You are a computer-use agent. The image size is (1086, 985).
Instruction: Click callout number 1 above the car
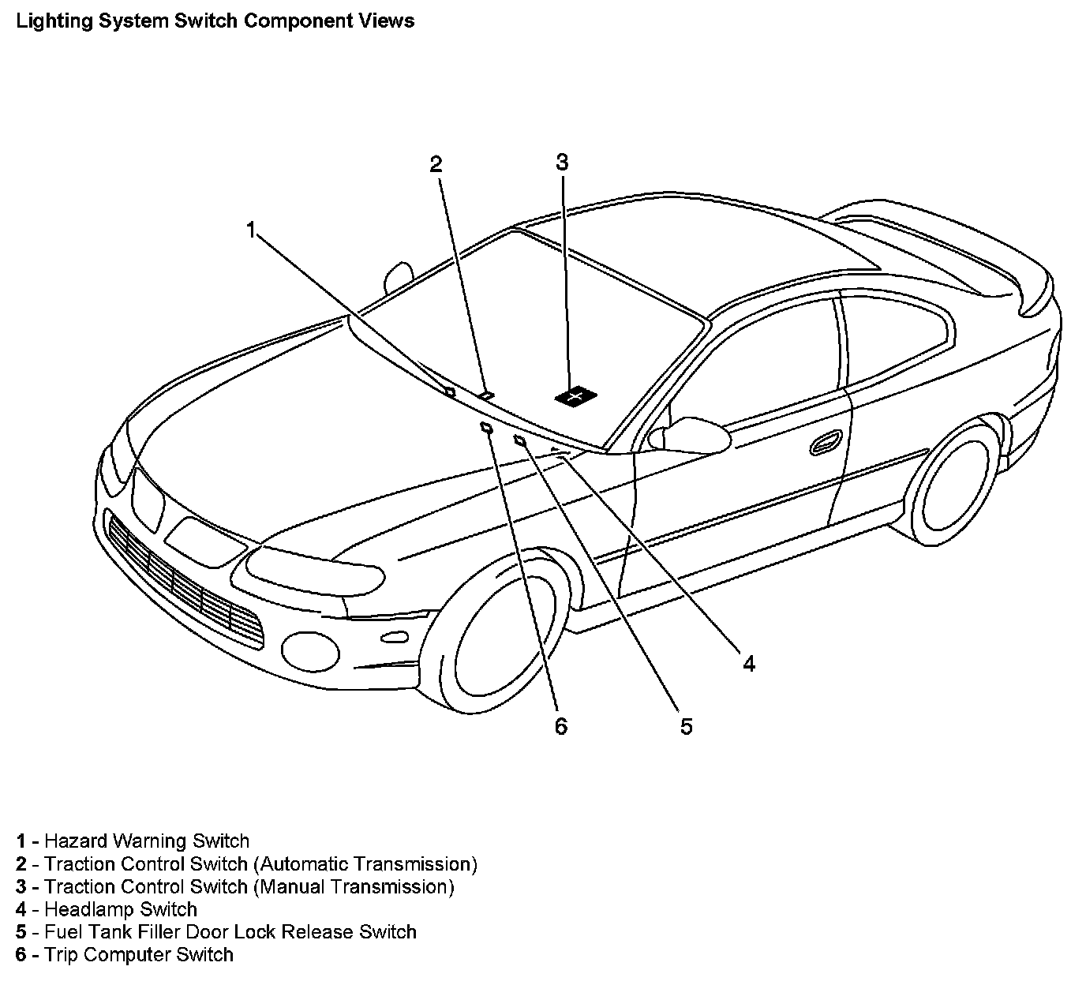pyautogui.click(x=251, y=230)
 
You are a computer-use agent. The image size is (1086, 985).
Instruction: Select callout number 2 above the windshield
pyautogui.click(x=436, y=164)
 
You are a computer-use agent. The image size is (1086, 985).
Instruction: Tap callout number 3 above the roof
pyautogui.click(x=562, y=163)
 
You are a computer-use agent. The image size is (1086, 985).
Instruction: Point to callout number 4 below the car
pyautogui.click(x=748, y=664)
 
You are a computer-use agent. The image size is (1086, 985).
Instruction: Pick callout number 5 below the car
pyautogui.click(x=687, y=726)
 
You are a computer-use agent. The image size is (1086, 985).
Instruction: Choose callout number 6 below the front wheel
pyautogui.click(x=561, y=726)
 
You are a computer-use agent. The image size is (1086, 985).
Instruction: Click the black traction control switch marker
pyautogui.click(x=575, y=396)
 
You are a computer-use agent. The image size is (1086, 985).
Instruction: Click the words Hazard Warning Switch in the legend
pyautogui.click(x=147, y=841)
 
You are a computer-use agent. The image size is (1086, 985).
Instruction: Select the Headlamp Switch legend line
pyautogui.click(x=121, y=909)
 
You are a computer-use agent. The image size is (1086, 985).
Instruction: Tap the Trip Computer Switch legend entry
pyautogui.click(x=139, y=955)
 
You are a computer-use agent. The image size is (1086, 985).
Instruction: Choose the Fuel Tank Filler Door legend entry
pyautogui.click(x=230, y=932)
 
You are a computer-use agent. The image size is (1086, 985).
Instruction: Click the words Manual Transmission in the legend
pyautogui.click(x=354, y=887)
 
